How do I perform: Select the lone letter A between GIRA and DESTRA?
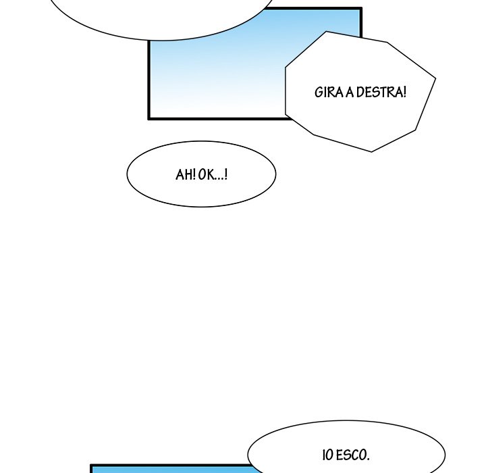tap(350, 93)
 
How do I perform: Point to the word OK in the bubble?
tap(207, 174)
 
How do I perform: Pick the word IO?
tap(328, 455)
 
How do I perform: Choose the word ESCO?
tap(351, 455)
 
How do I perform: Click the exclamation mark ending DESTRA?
tap(404, 92)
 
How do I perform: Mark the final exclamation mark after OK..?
tap(225, 174)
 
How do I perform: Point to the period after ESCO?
tap(368, 459)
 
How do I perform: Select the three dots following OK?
tap(219, 179)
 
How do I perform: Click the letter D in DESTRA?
tap(360, 93)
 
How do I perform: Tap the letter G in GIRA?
tap(319, 93)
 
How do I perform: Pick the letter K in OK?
tap(211, 174)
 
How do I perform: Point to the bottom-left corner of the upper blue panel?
tap(148, 119)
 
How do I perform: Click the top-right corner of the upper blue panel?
tap(362, 7)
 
